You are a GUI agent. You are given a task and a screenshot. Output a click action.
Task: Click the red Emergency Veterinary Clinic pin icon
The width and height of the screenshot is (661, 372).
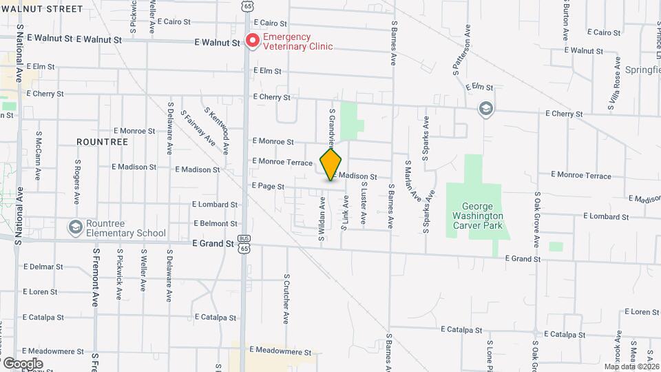(253, 41)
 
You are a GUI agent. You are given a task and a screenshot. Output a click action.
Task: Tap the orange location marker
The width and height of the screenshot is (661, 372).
(331, 164)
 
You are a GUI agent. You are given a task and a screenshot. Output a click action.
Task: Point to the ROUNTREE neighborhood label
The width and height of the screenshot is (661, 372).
(103, 142)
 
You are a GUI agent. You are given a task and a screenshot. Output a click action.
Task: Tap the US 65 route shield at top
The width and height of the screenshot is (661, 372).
(247, 6)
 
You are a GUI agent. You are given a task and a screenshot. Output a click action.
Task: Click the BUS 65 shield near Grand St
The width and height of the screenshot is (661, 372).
(244, 245)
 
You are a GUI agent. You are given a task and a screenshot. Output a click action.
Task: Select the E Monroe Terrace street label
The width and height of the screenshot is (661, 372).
(282, 161)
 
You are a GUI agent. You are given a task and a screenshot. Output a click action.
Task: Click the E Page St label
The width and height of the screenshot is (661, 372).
(268, 186)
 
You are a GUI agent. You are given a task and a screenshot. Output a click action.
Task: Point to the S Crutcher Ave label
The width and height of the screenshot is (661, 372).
(286, 299)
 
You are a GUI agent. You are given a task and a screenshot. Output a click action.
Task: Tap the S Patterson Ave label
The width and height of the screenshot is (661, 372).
(461, 50)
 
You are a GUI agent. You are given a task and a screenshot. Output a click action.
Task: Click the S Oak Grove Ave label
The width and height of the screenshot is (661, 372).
(536, 220)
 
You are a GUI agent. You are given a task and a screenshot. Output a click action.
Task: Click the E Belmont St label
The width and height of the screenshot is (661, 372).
(216, 223)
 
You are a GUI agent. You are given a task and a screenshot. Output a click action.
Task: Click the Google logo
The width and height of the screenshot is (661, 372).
(23, 363)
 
